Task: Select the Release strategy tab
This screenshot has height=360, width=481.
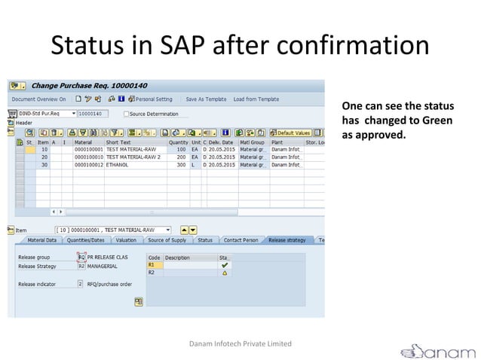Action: (286, 240)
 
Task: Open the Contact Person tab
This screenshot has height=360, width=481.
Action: (240, 240)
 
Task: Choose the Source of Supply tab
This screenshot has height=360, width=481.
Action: (167, 240)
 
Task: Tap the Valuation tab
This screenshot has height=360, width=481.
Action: (126, 240)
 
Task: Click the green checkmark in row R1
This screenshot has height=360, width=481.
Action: (225, 265)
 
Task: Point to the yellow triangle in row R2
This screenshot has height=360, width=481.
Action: (225, 273)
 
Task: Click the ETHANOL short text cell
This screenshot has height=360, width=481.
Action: (117, 164)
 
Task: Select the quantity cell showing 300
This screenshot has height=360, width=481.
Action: (181, 164)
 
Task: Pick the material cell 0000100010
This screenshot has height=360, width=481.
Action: (88, 157)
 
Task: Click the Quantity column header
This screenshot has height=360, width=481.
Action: (179, 142)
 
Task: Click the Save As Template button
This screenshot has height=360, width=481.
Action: (206, 99)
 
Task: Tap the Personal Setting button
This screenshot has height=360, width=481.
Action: (154, 99)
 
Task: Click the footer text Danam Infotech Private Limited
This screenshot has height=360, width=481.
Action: (240, 343)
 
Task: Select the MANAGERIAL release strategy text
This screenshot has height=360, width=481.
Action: (102, 266)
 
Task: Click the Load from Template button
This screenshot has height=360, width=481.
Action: (256, 99)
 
